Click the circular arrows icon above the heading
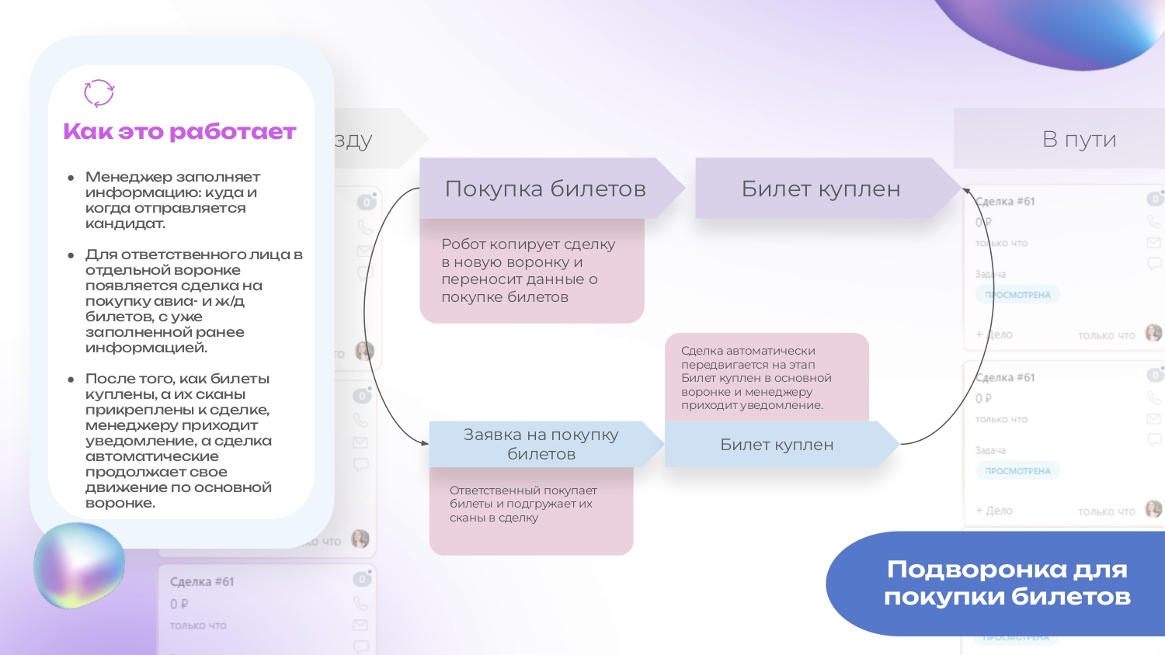coord(99,93)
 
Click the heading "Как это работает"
coord(179,132)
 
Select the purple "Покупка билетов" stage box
coord(544,189)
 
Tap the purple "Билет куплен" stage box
coord(820,189)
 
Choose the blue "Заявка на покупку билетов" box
coord(541,444)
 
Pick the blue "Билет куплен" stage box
coord(777,445)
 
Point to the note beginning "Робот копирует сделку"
coord(528,271)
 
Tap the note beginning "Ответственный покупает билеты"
coord(523,504)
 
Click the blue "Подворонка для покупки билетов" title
coord(1007,583)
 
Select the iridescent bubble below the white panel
coord(79,565)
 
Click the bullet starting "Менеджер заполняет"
coord(172,200)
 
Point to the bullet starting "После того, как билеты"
coord(179,440)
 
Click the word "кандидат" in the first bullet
coord(125,224)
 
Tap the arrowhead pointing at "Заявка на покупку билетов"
coord(425,443)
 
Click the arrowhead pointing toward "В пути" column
coord(966,189)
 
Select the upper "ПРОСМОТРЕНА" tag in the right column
coord(1017,295)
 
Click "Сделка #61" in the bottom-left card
coord(202,582)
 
